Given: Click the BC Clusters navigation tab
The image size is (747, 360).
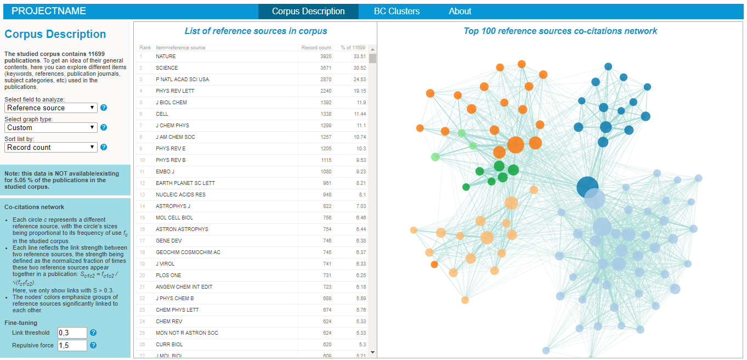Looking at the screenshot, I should point(397,11).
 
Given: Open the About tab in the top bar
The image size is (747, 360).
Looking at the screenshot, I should point(460,11).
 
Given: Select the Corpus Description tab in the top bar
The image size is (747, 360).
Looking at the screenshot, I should point(308,11).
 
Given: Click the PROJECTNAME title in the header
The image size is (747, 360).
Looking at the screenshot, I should point(49,11).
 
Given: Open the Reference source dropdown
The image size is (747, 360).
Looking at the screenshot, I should point(51,108).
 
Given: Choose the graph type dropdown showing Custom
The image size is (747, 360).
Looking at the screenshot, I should point(51,128).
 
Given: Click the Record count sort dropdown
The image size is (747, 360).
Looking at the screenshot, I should point(51,148).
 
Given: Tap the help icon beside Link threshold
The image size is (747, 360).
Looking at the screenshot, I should point(93,333).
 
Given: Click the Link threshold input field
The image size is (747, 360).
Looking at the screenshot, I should point(72,333).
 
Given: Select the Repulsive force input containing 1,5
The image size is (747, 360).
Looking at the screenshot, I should point(72,346).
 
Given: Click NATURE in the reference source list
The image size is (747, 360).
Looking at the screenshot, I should point(166,57).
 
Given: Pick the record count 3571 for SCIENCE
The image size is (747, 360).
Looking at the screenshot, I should point(325,68).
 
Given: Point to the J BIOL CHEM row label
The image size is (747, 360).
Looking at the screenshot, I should point(171,103).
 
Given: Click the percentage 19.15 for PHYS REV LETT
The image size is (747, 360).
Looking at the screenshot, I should point(360,91).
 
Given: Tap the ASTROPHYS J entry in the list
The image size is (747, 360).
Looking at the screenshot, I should point(172,206).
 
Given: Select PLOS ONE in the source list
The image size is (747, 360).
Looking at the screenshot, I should point(168,275).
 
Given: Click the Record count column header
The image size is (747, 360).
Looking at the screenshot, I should point(316,48).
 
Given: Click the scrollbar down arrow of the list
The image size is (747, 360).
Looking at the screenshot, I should point(372,352).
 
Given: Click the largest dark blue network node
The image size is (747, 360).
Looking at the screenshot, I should point(587,187).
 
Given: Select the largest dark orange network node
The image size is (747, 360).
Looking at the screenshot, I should point(516,145).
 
